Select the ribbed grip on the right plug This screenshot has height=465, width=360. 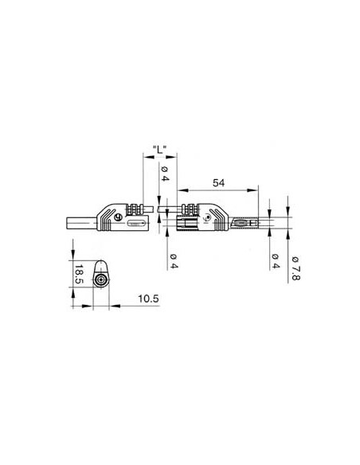click(190, 209)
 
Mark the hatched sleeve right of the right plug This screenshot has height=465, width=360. click(247, 224)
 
